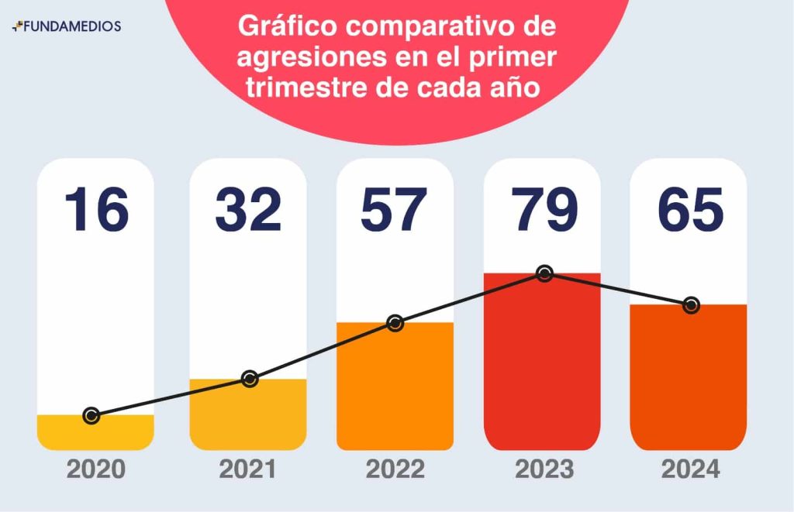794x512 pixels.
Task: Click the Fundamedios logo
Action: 67,26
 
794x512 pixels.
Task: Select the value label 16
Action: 96,209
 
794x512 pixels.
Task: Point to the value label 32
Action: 248,209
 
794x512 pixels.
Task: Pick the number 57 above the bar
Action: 394,209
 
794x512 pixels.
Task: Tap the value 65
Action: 690,209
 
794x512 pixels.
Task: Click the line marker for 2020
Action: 91,416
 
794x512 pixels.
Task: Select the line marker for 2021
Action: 249,379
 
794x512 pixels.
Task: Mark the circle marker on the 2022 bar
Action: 395,323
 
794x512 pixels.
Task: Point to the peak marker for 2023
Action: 544,273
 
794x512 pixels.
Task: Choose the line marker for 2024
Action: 690,305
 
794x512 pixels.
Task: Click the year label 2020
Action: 96,469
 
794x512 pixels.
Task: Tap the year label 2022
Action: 395,469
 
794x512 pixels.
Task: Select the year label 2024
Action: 690,469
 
